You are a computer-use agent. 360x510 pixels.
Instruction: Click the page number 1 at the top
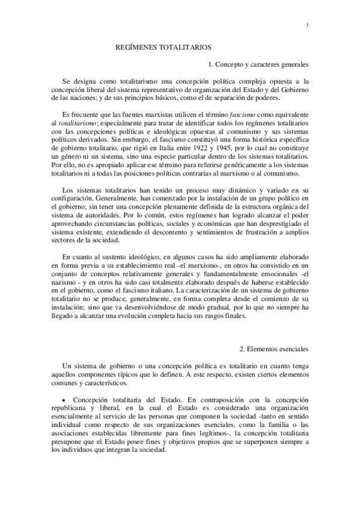[x=307, y=25]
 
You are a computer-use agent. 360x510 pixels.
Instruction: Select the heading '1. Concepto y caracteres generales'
[x=258, y=63]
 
